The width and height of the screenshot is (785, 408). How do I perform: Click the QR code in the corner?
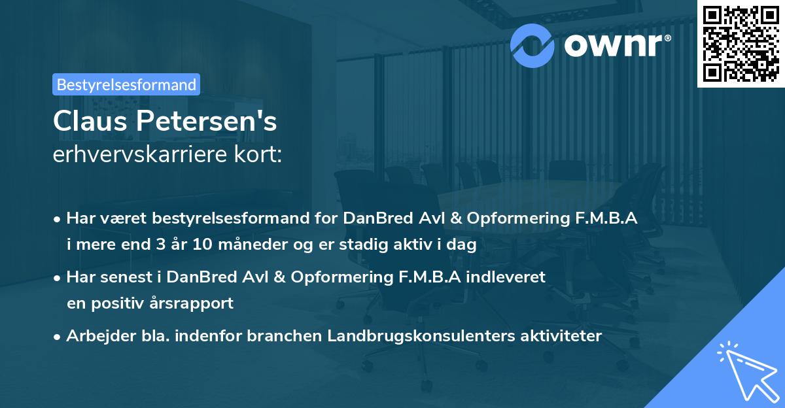coord(741,43)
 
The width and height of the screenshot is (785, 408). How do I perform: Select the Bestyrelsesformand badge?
coord(126,84)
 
